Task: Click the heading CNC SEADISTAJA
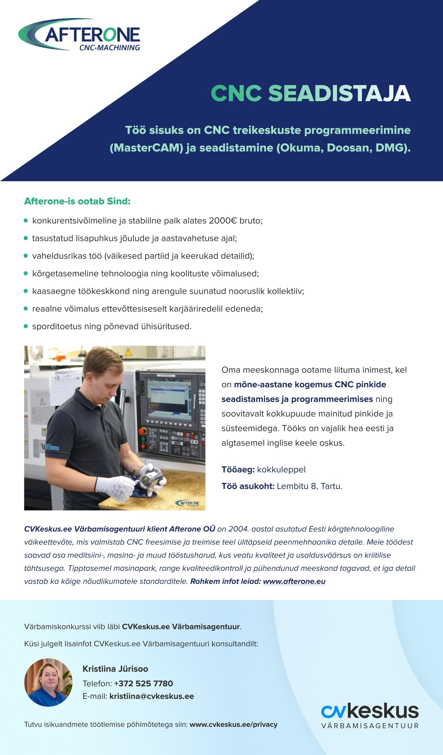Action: click(x=310, y=93)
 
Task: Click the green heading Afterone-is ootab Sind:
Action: click(x=77, y=202)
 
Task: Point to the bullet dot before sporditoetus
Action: click(x=26, y=326)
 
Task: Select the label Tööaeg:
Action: click(x=238, y=470)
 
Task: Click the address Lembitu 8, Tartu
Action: click(x=309, y=486)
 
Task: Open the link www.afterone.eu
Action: click(x=294, y=581)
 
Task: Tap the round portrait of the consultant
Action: click(x=48, y=682)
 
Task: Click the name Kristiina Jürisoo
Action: click(x=115, y=669)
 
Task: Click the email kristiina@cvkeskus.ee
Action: click(x=152, y=696)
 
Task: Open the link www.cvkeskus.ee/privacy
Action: click(x=233, y=724)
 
